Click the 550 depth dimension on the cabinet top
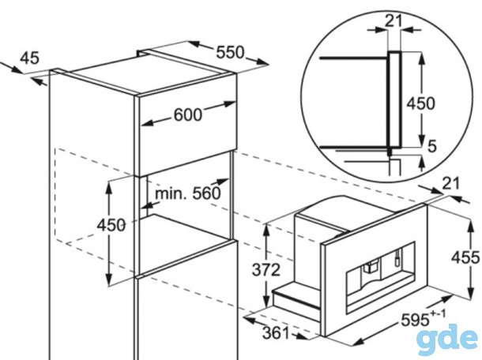tap(230, 52)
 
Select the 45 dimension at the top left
tap(30, 58)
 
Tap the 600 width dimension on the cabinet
tap(188, 115)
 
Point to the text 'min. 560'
tap(188, 193)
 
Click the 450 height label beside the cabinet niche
tap(111, 225)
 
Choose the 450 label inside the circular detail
tap(421, 103)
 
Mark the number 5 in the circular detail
tap(432, 146)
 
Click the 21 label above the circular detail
tap(394, 21)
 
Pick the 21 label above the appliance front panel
tap(451, 183)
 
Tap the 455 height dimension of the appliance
tap(465, 257)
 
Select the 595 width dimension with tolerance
tap(423, 318)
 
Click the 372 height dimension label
tap(266, 270)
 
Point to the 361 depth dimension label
tap(276, 332)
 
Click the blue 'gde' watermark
tap(449, 338)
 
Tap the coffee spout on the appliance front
tap(371, 266)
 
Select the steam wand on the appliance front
tap(397, 257)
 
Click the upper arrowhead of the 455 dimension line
tap(470, 226)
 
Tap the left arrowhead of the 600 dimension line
tap(147, 123)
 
